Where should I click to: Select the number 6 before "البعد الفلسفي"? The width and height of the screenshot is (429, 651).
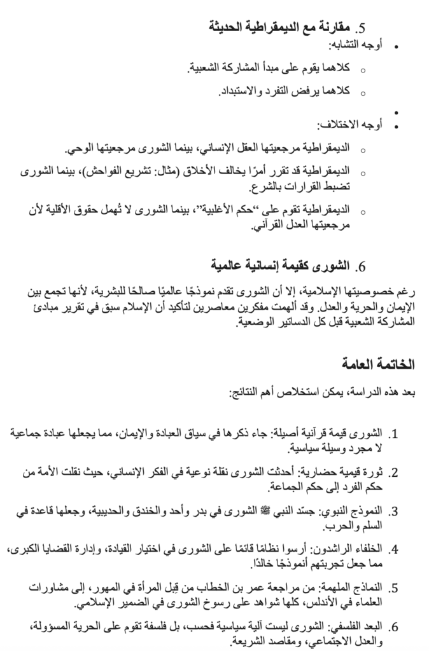click(x=393, y=627)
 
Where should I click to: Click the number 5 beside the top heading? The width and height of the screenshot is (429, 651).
click(x=360, y=29)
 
